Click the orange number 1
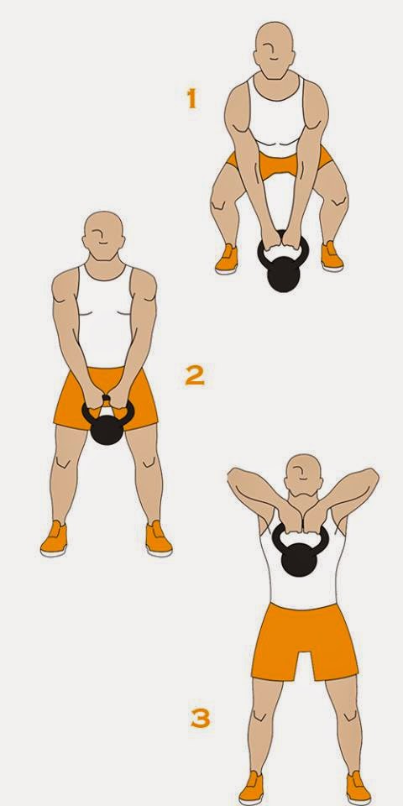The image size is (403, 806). tap(191, 99)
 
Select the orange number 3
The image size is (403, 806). tap(199, 719)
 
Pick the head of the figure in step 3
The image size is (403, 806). tap(304, 476)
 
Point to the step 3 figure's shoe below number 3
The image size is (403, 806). tap(251, 789)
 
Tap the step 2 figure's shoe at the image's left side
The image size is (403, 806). tap(53, 539)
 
